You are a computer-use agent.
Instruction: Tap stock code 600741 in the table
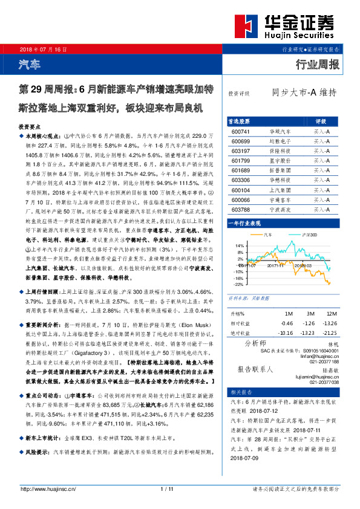(240, 131)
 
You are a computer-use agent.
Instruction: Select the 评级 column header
(320, 121)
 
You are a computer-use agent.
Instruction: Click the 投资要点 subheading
(30, 128)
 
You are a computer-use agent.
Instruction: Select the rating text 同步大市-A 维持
(303, 92)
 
